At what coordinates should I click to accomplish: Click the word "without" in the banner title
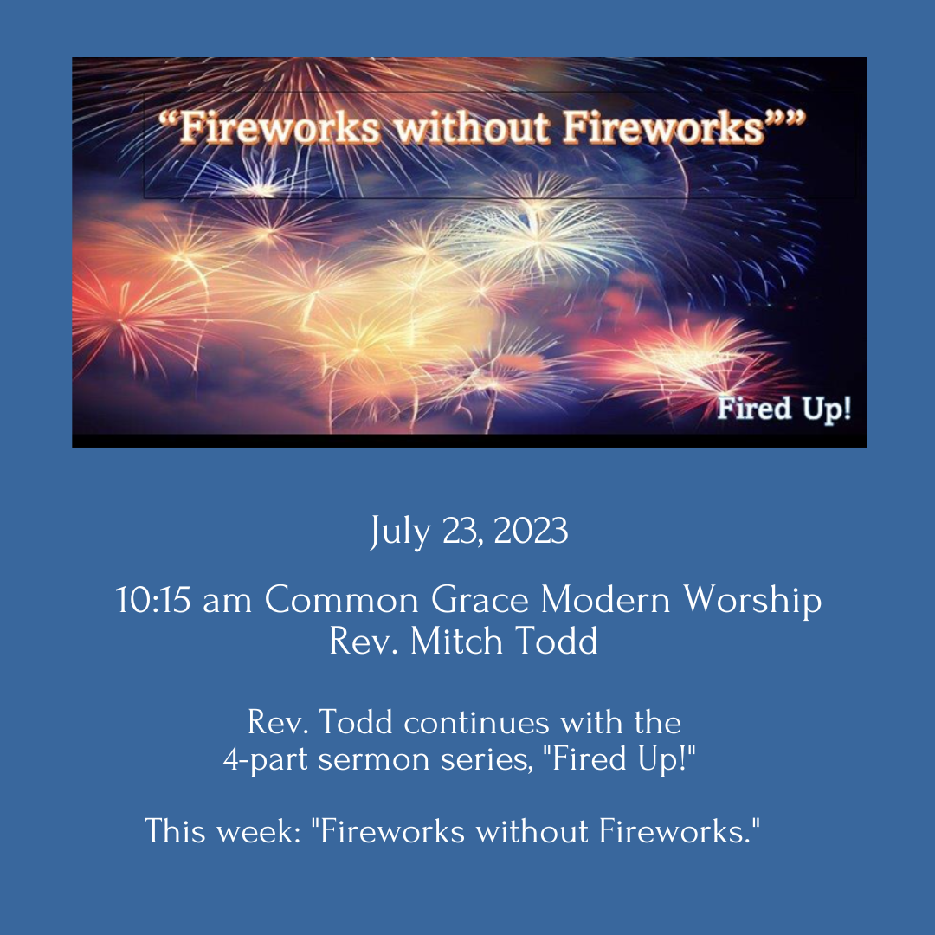coord(472,127)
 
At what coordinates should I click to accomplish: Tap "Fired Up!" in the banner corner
coord(784,409)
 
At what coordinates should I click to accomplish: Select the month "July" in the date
coord(400,532)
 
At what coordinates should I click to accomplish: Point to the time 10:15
coord(152,600)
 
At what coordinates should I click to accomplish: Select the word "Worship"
coord(752,601)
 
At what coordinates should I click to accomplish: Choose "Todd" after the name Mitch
coord(556,641)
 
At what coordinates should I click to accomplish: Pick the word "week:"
coord(259,830)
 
